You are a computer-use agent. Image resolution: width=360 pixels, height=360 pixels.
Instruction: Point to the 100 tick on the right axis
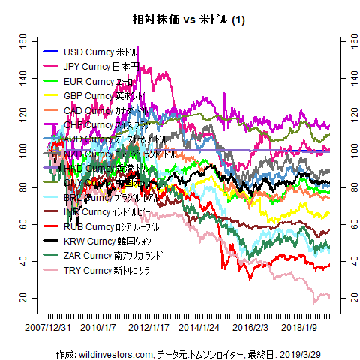(x=346, y=151)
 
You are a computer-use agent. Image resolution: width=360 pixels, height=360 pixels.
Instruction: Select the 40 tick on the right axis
(x=346, y=261)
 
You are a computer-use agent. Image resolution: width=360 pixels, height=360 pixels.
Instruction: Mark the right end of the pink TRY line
(x=329, y=297)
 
